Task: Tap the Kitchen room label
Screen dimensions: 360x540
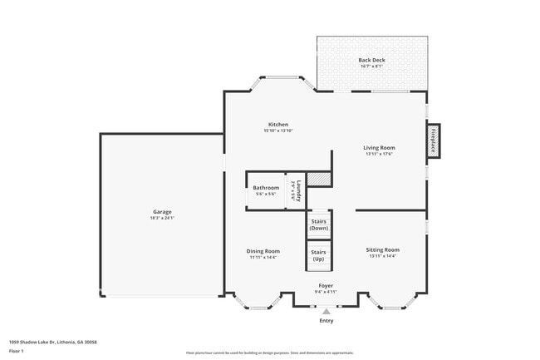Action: click(277, 125)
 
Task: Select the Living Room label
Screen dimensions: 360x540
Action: click(379, 148)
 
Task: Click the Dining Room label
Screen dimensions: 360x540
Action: click(263, 251)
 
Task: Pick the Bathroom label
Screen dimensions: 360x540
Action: click(266, 188)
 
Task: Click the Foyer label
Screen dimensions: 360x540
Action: click(326, 285)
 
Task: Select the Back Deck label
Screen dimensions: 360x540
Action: click(371, 60)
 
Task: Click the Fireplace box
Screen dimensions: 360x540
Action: click(433, 141)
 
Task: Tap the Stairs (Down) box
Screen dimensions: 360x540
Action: click(319, 224)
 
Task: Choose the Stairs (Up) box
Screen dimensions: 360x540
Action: click(318, 255)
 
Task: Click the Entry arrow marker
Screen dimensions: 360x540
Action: click(326, 311)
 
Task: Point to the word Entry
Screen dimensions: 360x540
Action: click(326, 321)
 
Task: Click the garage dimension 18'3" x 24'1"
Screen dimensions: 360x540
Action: click(161, 218)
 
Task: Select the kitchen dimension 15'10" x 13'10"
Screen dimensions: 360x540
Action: click(278, 131)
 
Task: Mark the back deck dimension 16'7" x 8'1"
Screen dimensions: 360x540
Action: click(371, 67)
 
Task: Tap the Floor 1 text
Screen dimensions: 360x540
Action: click(17, 351)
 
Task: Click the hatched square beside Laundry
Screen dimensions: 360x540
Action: click(319, 179)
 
